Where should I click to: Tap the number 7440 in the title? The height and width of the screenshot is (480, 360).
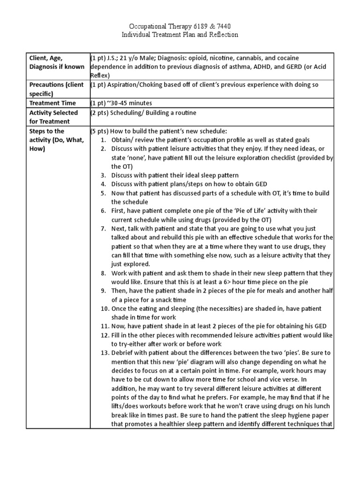coord(222,26)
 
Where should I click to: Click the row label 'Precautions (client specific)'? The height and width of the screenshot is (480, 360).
coord(56,89)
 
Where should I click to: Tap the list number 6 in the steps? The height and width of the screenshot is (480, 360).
coord(104,211)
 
